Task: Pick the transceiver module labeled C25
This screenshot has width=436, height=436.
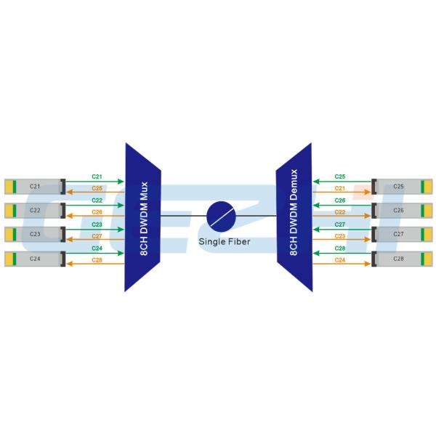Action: coord(399,187)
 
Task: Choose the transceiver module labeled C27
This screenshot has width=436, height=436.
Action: coord(399,234)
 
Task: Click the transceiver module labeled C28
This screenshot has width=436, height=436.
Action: coord(399,258)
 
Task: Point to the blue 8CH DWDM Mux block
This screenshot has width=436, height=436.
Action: coord(142,216)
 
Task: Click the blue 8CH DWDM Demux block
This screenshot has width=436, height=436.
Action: coord(294,216)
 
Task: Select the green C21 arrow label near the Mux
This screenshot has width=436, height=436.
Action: coord(97,177)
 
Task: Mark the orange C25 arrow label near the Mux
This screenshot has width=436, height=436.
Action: coord(97,189)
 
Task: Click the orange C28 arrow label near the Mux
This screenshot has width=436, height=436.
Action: coord(97,260)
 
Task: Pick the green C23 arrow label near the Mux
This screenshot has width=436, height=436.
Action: coord(97,225)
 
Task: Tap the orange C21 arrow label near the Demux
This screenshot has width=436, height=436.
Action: coord(340,189)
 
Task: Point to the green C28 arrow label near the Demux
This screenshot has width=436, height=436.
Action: coord(340,249)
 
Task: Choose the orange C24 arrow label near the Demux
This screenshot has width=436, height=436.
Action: coord(340,260)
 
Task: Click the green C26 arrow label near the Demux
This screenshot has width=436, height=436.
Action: coord(340,201)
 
